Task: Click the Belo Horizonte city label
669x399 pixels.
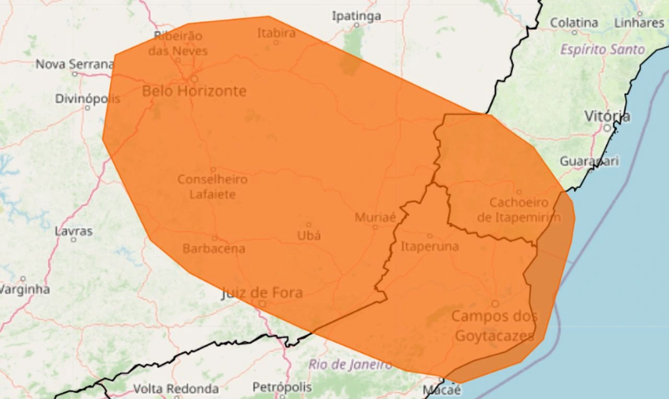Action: pos(194,91)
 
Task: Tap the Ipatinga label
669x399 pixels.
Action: pos(356,16)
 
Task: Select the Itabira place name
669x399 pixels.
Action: pos(276,33)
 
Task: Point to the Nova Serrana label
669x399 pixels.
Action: pos(74,64)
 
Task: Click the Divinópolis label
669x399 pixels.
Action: pos(87,99)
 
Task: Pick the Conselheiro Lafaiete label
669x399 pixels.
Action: pos(212,186)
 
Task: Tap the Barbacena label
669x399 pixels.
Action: pos(213,249)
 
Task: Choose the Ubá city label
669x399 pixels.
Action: pos(309,236)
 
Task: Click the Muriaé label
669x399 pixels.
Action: pos(375,217)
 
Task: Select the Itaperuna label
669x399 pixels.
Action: pos(430,247)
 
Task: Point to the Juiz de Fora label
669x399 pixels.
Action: pos(262,292)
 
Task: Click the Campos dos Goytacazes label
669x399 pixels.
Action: pos(494,325)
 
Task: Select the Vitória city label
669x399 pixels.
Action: pos(607,116)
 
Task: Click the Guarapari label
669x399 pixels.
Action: pos(589,161)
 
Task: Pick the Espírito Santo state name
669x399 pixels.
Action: pos(603,50)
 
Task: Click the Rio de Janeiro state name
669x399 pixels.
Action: pos(350,365)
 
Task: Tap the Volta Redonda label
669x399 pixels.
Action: pos(176,389)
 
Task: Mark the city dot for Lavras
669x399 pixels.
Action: pos(74,239)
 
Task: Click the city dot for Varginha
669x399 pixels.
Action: pos(22,278)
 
